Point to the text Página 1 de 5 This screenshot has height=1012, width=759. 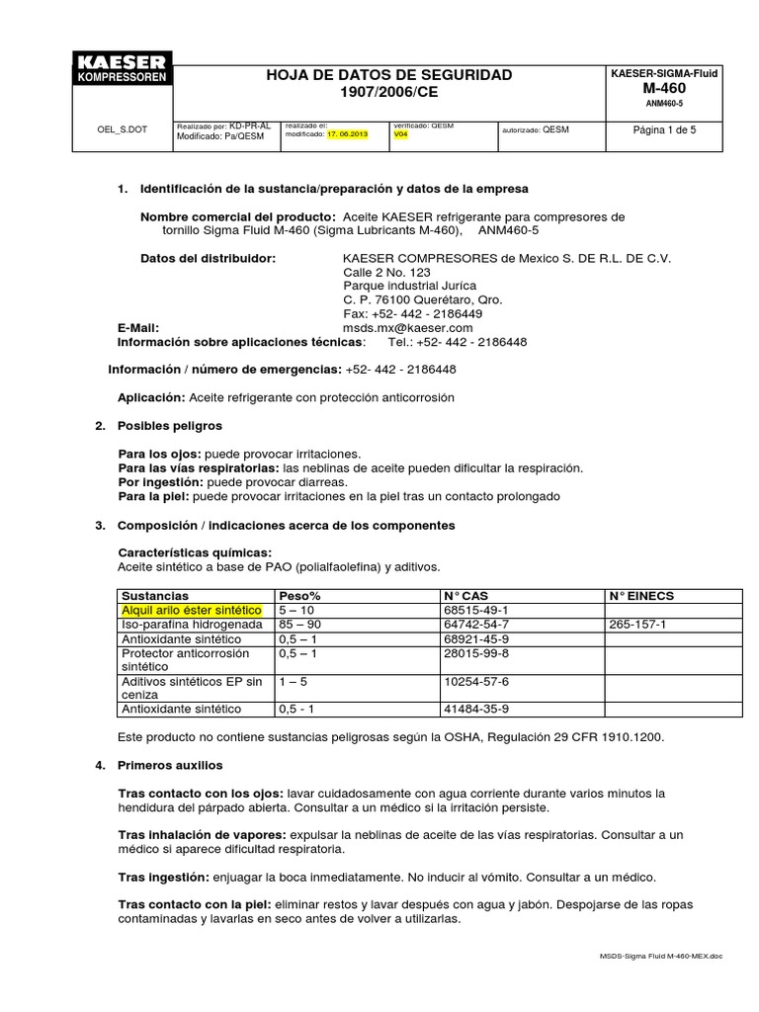tap(664, 129)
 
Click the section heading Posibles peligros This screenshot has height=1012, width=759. tap(169, 425)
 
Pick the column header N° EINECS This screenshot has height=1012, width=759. tap(641, 596)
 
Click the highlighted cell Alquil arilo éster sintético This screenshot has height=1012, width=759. tap(191, 611)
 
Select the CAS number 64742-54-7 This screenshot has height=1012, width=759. tap(476, 625)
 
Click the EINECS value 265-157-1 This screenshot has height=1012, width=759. tap(637, 625)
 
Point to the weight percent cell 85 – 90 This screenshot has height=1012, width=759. tap(299, 625)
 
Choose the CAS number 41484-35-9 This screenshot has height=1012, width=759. tap(476, 709)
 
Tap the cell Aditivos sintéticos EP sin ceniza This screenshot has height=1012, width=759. tap(191, 688)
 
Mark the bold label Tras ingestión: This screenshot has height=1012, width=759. tap(163, 877)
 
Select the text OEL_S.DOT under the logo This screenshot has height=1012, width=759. tap(122, 129)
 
